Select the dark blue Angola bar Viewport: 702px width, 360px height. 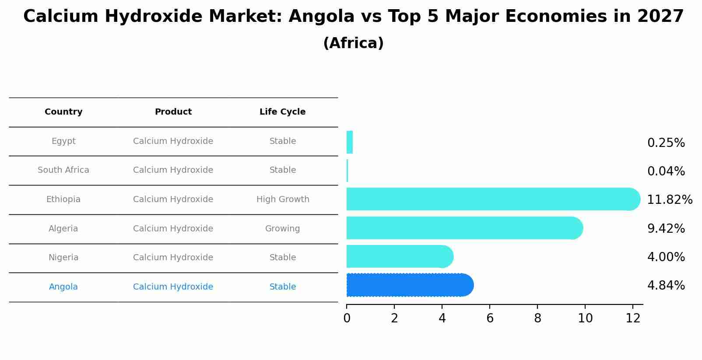coord(409,285)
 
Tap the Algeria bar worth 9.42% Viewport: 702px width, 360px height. coord(464,228)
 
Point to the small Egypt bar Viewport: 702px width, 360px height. coord(349,143)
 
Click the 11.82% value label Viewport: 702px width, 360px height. coord(669,200)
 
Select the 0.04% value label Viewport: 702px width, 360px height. coord(666,171)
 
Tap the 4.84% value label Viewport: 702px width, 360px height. coord(666,286)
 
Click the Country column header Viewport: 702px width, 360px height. coord(63,112)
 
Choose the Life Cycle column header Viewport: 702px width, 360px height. coord(282,112)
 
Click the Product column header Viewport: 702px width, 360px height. coord(173,112)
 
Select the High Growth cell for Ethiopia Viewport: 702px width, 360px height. coord(282,199)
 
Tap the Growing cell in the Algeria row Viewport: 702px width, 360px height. coord(282,229)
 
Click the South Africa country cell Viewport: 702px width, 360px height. coord(63,170)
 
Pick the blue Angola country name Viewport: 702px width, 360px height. coord(63,287)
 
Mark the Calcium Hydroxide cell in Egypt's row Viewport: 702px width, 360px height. coord(173,141)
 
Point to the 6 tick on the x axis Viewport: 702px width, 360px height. coord(490,318)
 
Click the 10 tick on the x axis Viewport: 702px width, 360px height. coord(585,318)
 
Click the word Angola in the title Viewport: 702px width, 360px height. coord(321,17)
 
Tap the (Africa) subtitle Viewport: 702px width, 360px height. coord(353,43)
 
